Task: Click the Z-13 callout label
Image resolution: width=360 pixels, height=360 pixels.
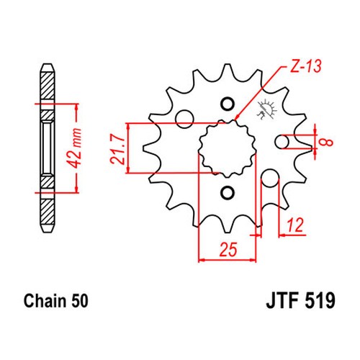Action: coord(305,66)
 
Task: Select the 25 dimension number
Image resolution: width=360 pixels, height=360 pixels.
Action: coord(228,249)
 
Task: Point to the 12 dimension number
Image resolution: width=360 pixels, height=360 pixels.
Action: coord(295,225)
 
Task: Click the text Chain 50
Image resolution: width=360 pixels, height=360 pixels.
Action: coord(56,301)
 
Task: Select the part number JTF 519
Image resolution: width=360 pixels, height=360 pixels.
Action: coord(300,300)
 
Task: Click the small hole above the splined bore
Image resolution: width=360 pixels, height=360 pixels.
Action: coord(227,104)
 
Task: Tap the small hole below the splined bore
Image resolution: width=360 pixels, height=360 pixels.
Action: coord(227,192)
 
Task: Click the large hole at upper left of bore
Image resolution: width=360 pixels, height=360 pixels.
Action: coord(184,119)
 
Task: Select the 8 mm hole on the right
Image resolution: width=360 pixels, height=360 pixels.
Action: coord(282,142)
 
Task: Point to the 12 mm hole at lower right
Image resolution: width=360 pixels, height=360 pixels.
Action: coord(270,179)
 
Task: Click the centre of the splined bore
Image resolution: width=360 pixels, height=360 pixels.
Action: coord(227,148)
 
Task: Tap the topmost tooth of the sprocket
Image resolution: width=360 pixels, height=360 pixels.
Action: coord(227,71)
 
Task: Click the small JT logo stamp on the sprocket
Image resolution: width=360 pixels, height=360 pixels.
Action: coord(267,109)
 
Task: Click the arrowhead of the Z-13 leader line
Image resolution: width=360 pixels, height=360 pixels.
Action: coord(237,117)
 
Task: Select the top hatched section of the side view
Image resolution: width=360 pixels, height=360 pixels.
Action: coord(48,86)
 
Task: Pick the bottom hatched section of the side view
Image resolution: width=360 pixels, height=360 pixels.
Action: coord(48,211)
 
